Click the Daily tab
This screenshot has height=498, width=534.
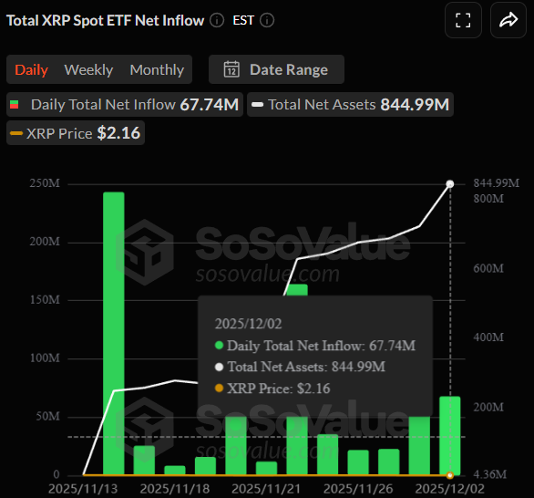coord(31,69)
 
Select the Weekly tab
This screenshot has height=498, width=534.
coord(88,69)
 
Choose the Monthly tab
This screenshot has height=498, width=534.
coord(157,69)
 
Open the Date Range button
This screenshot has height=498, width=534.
coord(276,69)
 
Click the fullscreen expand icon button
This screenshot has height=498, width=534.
coord(463,21)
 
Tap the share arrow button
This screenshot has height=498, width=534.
coord(507,21)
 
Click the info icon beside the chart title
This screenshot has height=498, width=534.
coord(216,20)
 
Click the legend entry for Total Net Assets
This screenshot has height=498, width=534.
coord(350,105)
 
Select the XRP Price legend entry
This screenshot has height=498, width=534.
coord(75,133)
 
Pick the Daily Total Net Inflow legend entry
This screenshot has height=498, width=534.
coord(124,105)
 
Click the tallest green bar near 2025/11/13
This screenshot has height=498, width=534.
coord(114,333)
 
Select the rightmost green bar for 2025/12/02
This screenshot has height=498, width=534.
coord(449,435)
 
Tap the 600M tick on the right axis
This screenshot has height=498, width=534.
coord(489,269)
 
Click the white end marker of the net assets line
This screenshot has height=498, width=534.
coord(449,184)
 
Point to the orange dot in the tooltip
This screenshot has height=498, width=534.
coord(219,389)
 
